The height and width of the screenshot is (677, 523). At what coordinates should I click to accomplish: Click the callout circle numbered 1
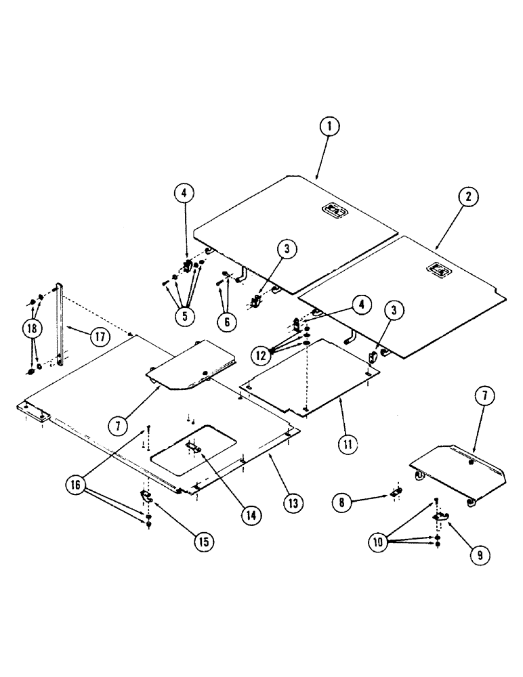(x=331, y=127)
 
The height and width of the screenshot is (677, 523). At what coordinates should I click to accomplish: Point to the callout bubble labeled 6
(x=227, y=322)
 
